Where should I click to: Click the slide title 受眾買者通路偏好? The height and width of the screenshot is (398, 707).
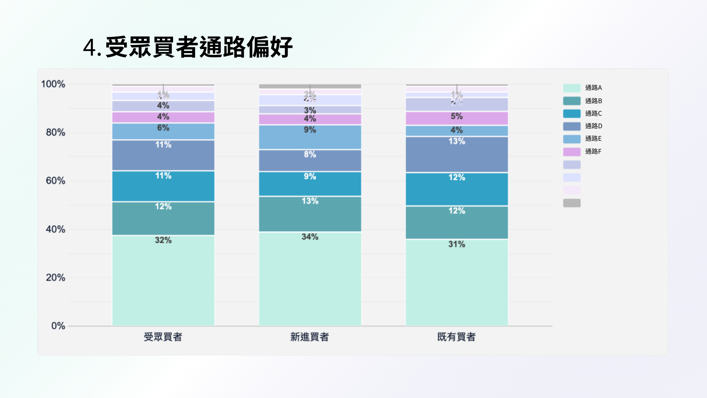[x=188, y=47]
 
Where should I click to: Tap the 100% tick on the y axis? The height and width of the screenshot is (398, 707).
[x=53, y=84]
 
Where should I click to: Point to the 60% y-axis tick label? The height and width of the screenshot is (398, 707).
[x=55, y=181]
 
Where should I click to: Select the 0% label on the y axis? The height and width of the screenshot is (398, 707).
[x=58, y=326]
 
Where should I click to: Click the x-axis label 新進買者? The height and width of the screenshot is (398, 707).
[x=309, y=337]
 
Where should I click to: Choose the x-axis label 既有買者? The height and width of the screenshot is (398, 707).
[x=456, y=337]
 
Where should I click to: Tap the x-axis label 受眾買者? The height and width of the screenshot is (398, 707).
[x=163, y=337]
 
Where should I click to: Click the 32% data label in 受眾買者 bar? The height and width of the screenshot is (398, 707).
[x=163, y=240]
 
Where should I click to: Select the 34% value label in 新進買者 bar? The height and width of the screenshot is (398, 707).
[x=310, y=237]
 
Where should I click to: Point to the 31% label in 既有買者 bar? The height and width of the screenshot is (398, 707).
[x=457, y=244]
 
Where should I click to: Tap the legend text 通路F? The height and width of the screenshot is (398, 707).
[x=593, y=151]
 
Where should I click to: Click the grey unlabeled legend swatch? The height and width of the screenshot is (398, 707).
[x=571, y=203]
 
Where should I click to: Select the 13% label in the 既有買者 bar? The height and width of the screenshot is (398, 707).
[x=457, y=141]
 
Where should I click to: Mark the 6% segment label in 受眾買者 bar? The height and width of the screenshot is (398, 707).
[x=163, y=128]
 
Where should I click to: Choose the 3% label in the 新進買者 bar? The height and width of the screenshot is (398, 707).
[x=310, y=110]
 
